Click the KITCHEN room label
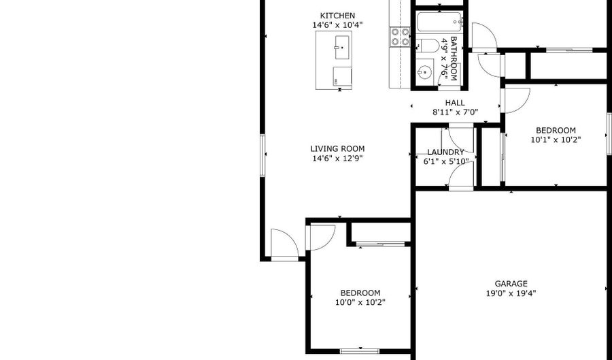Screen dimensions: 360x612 pyautogui.click(x=337, y=16)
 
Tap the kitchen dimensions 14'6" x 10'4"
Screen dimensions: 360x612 pyautogui.click(x=337, y=25)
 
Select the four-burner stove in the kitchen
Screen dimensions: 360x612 pyautogui.click(x=400, y=37)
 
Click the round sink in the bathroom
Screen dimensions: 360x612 pyautogui.click(x=425, y=71)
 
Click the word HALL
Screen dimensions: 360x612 pyautogui.click(x=455, y=103)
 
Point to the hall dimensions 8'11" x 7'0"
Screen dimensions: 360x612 pyautogui.click(x=455, y=112)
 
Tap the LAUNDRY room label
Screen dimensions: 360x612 pyautogui.click(x=445, y=152)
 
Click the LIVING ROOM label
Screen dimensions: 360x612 pyautogui.click(x=337, y=149)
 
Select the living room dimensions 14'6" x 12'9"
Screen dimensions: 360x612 pyautogui.click(x=337, y=159)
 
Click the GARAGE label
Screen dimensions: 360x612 pyautogui.click(x=511, y=284)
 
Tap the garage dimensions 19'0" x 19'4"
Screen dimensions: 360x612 pyautogui.click(x=511, y=294)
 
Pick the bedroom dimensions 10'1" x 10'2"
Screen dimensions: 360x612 pyautogui.click(x=556, y=140)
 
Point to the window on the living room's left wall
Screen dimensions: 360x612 pyautogui.click(x=262, y=155)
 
